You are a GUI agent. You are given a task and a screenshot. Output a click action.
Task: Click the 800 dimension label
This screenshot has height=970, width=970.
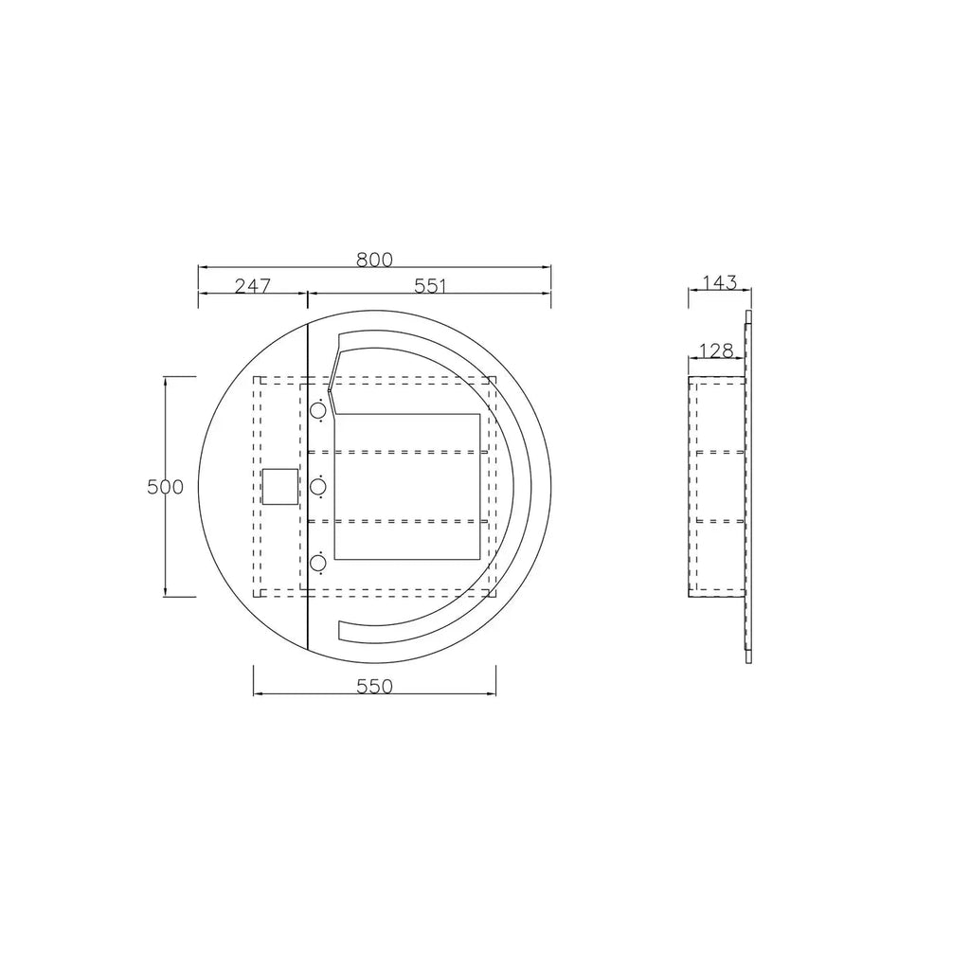click(x=374, y=260)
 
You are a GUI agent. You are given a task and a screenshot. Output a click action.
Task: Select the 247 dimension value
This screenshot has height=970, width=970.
click(x=253, y=286)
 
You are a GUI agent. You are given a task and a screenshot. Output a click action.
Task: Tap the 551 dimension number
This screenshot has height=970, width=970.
click(x=430, y=286)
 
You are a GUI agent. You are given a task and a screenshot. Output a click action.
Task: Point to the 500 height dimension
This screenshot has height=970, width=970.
click(x=165, y=487)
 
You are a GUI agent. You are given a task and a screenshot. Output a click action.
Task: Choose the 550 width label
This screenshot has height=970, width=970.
click(x=375, y=687)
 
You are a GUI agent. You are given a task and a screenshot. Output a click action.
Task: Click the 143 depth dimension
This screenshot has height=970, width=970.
click(x=720, y=282)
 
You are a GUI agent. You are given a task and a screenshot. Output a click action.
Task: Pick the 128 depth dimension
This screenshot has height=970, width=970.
click(x=716, y=350)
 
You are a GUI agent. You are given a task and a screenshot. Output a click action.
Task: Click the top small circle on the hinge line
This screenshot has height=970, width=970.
click(x=318, y=410)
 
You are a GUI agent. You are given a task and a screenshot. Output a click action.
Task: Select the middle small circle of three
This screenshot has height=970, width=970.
click(x=318, y=487)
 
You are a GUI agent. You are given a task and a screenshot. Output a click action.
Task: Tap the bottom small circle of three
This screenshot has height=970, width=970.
click(x=318, y=563)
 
